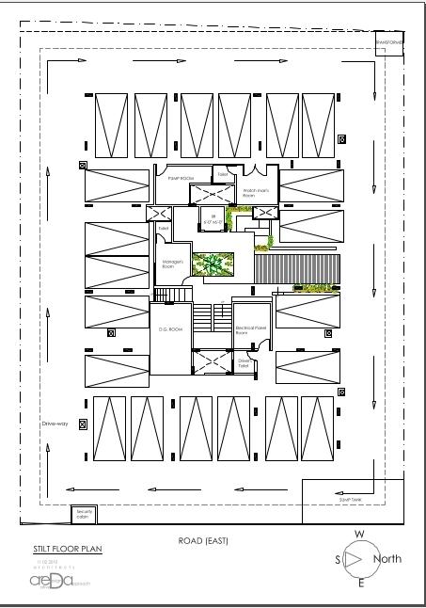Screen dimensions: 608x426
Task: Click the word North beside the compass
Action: click(x=387, y=559)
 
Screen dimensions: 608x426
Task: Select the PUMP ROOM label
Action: click(x=180, y=177)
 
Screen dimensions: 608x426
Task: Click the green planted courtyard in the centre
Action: click(x=212, y=265)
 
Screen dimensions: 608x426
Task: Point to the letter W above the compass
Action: click(x=359, y=534)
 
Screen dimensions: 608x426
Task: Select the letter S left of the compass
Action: click(x=338, y=560)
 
